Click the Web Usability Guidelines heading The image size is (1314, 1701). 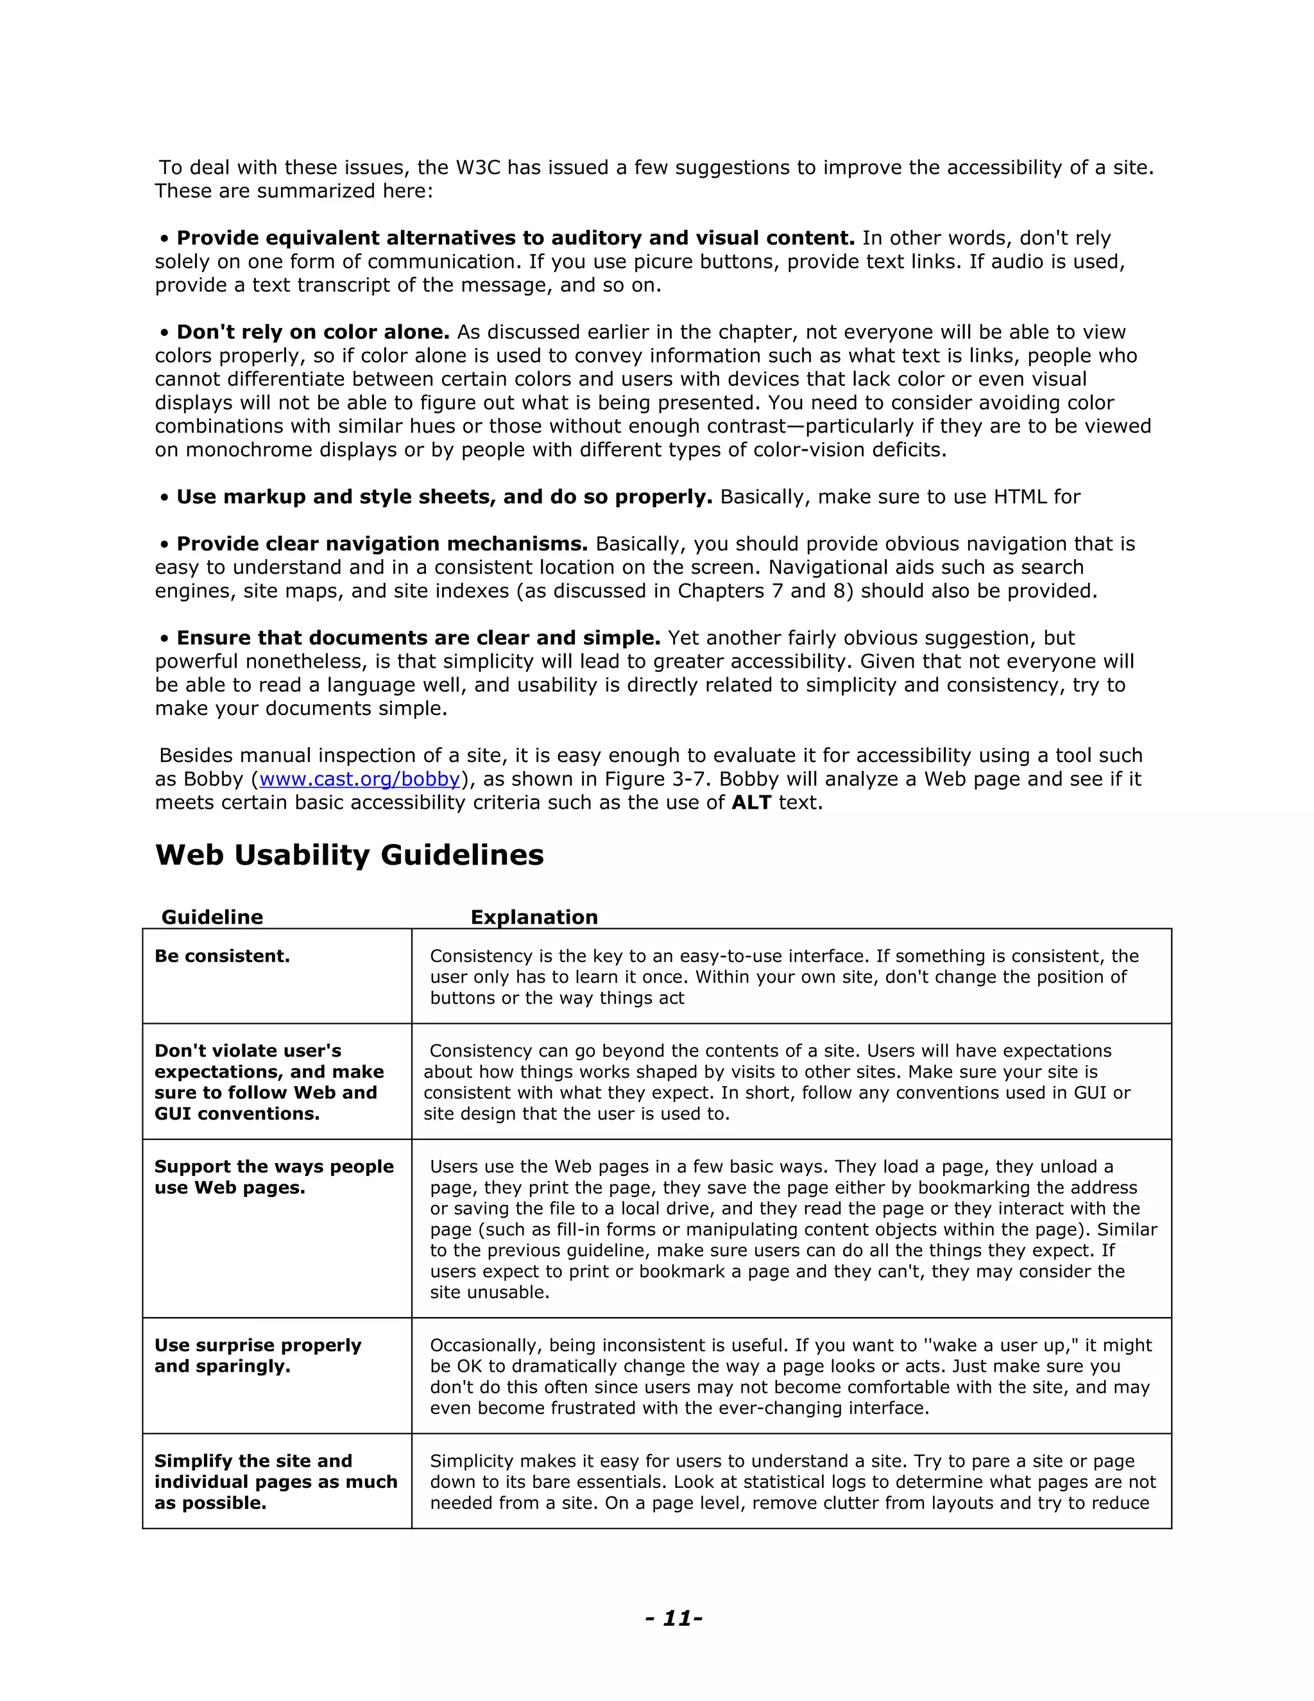tap(350, 855)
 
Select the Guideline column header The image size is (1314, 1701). tap(212, 917)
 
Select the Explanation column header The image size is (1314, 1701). tap(534, 917)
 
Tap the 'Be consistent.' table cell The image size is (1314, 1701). tap(222, 956)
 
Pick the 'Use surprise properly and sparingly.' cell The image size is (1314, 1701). tap(258, 1355)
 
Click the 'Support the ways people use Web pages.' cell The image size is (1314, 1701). tap(273, 1177)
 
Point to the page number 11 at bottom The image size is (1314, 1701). tap(674, 1618)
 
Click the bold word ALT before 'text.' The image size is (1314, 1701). tap(751, 802)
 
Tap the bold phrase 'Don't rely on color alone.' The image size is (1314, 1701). tap(313, 332)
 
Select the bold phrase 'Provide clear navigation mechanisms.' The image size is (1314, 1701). tap(382, 544)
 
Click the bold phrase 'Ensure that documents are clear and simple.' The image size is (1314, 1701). tap(418, 638)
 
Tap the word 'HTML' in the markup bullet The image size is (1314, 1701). tap(1021, 497)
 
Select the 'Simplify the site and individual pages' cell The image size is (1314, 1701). tap(275, 1481)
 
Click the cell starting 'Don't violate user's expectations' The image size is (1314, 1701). tap(269, 1082)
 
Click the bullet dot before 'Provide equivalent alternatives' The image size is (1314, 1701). tap(164, 238)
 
